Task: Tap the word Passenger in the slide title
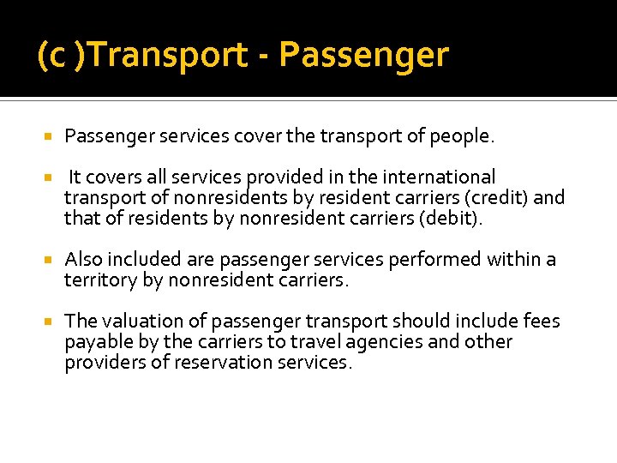coord(363,56)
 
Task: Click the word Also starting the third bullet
coord(82,260)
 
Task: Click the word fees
coord(542,322)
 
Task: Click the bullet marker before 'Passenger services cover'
coord(48,137)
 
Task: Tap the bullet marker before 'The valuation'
coord(48,322)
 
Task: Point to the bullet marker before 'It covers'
coord(48,178)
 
